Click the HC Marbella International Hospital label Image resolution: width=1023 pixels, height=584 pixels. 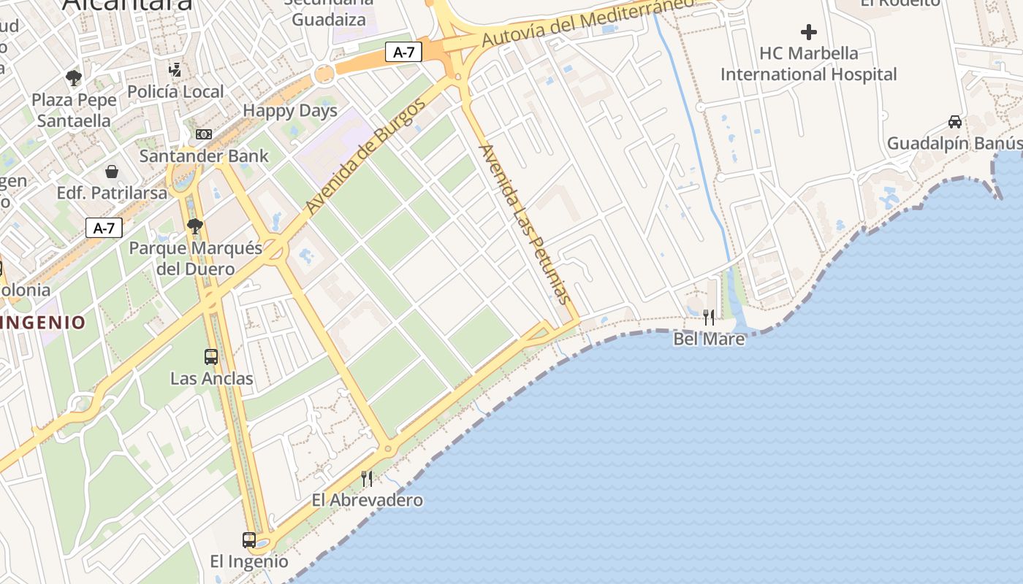coord(808,64)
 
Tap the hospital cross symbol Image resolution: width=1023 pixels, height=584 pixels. coord(808,32)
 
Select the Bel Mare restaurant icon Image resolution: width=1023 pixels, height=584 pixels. coord(709,317)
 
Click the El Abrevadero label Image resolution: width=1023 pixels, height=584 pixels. coord(367,500)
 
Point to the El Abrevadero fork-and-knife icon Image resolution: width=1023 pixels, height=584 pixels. coord(367,479)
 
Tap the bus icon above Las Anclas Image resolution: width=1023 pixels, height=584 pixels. coord(211,357)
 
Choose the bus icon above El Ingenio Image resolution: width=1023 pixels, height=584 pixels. coord(249,540)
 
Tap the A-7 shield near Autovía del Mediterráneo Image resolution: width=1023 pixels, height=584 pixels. coord(403,52)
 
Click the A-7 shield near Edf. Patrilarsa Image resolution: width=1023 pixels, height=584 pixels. coord(104,228)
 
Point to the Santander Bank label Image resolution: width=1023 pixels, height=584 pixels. coord(204,155)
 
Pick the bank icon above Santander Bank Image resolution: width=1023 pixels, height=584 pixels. coord(204,134)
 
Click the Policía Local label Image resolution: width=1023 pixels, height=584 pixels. coord(175,91)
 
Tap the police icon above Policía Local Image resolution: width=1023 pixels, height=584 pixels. coord(175,70)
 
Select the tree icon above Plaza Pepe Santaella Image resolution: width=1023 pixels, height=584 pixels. coord(73,78)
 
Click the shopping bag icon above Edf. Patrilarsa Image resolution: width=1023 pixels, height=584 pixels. coord(112,172)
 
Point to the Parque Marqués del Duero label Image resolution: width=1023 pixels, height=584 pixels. coord(195,258)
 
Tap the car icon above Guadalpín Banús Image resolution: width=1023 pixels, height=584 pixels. coord(954,121)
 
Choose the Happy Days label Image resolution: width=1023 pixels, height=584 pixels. coord(290,111)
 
